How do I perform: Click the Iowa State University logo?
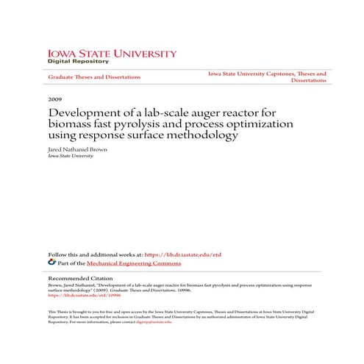[112, 54]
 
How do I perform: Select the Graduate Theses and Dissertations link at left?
[94, 77]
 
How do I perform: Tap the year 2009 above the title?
[54, 99]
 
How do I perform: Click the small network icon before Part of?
[51, 262]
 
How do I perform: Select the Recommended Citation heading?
[80, 279]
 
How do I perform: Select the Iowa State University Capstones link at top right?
[267, 74]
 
